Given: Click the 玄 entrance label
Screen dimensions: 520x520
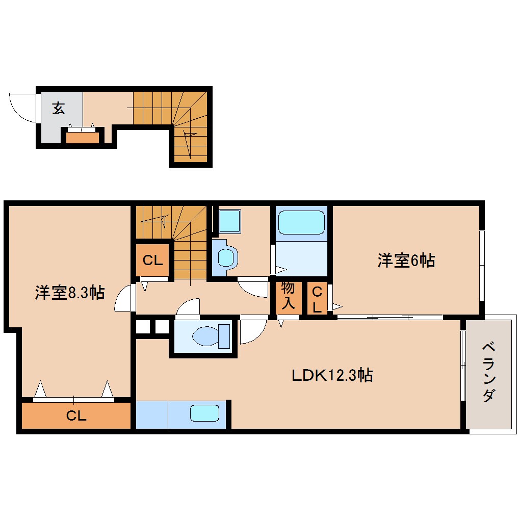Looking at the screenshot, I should coord(59,108).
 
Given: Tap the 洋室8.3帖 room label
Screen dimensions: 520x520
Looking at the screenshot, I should coord(69,293).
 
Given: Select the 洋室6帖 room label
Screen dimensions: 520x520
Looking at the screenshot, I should coord(406,261).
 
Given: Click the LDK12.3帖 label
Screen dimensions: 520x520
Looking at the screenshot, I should coord(332,376).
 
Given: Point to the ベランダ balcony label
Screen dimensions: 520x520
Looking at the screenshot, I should coord(488,373).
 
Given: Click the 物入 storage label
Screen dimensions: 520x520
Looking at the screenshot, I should coord(288,296).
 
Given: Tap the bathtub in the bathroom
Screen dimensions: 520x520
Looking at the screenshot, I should coord(301,223).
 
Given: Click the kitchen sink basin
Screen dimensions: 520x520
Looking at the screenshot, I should coord(204,413).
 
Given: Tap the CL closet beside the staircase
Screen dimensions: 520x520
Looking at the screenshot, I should coord(152,261).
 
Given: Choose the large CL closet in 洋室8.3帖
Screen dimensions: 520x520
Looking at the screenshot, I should coord(76,415).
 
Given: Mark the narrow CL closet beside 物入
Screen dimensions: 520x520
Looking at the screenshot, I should coord(317,300).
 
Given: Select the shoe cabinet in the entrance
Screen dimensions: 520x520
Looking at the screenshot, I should coord(83,137).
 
